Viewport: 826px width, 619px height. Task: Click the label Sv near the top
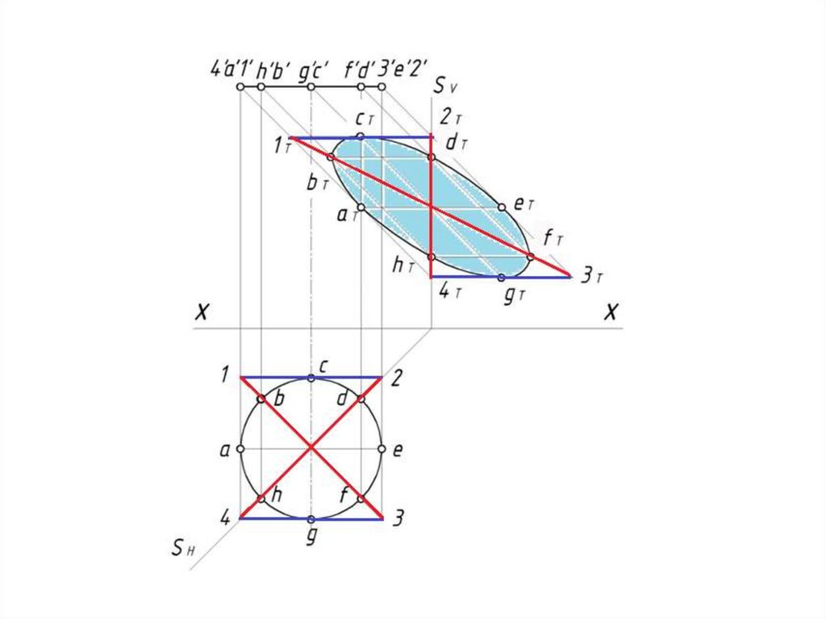pos(444,86)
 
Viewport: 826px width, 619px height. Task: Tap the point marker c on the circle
pos(311,378)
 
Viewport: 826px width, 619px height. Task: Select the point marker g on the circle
pos(311,519)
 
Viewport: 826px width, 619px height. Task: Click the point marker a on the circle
pos(240,449)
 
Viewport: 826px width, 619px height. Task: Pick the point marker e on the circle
pos(382,449)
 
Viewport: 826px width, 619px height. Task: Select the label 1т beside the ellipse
pos(281,147)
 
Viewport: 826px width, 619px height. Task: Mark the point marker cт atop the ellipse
pos(361,136)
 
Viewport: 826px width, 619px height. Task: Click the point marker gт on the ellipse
pos(501,277)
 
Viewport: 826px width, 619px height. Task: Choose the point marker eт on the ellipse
pos(501,207)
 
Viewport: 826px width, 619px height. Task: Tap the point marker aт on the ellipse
pos(361,207)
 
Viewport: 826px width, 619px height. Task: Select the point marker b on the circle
pos(261,399)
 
